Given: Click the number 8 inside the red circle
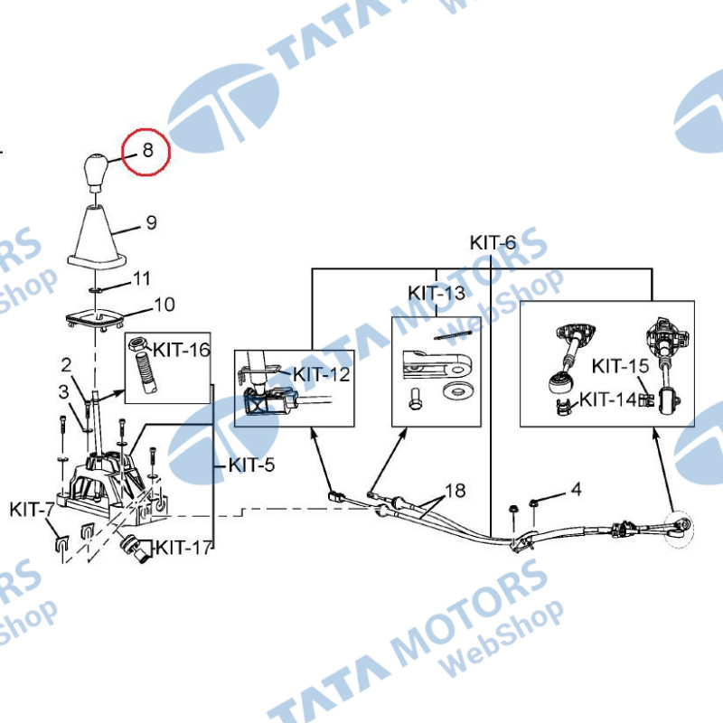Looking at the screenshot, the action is (x=147, y=150).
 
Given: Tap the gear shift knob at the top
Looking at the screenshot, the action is (x=96, y=173).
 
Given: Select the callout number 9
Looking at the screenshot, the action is (x=151, y=222).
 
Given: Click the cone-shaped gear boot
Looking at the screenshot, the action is (x=98, y=238).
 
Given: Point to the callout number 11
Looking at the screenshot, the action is (x=142, y=278).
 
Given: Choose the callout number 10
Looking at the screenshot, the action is (x=164, y=305).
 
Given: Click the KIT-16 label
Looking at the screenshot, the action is (x=182, y=350).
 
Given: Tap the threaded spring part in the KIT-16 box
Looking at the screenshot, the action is (x=145, y=372).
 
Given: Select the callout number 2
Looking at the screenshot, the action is (x=66, y=365).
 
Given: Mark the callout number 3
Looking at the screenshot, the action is (x=63, y=392).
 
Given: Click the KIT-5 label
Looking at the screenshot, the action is (x=252, y=465).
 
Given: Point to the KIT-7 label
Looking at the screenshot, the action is (x=32, y=510).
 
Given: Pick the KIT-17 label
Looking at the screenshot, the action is (x=184, y=548).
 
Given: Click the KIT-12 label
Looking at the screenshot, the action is (x=322, y=374).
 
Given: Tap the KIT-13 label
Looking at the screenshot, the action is (x=437, y=293).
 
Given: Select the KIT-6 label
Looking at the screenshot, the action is (x=493, y=242).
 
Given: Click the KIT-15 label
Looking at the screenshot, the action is (x=620, y=366).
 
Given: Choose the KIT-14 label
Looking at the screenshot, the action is (x=607, y=399).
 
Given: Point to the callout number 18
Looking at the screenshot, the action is (x=455, y=491).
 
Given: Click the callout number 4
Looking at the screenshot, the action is (x=576, y=489).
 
